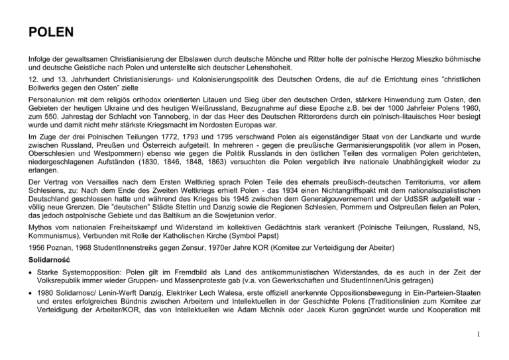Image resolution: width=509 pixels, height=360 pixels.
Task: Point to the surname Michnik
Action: click(341, 326)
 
